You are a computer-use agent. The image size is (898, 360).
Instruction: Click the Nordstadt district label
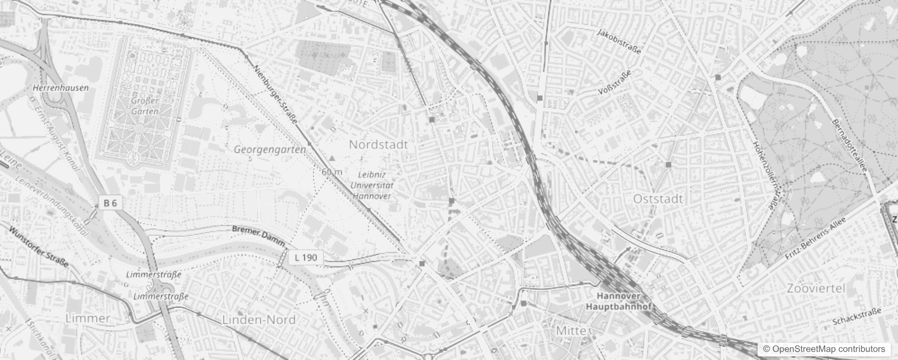[378, 144]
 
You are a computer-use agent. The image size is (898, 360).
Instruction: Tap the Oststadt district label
[658, 199]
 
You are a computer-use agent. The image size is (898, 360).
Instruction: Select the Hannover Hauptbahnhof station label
[620, 301]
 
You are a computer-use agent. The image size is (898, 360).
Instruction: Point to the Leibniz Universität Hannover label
[372, 185]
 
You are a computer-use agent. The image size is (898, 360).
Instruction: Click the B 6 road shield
[110, 203]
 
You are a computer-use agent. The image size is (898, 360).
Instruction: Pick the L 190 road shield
[306, 258]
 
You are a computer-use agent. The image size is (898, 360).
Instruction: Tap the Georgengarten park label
[270, 149]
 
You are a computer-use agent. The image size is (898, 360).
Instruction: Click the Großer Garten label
[145, 106]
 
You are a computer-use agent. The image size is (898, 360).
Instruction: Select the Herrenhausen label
[61, 88]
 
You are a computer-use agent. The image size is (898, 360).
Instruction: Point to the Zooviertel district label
[816, 288]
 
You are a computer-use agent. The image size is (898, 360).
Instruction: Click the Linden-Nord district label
[259, 320]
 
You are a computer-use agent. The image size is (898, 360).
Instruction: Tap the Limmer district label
[88, 319]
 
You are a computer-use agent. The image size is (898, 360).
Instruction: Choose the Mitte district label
[571, 331]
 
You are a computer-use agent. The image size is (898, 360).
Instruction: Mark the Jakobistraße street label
[619, 41]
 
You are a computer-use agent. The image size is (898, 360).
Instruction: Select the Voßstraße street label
[615, 82]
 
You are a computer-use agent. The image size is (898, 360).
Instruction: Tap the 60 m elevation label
[332, 172]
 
